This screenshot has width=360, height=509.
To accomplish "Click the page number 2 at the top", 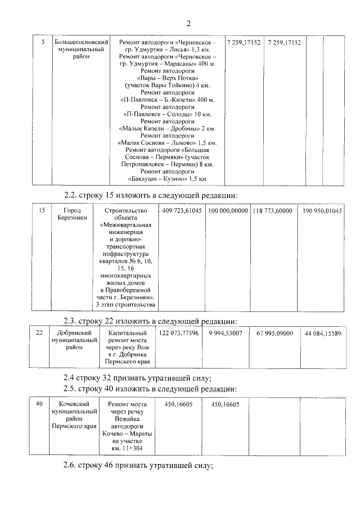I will [188, 23].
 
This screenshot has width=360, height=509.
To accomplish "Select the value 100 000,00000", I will [227, 210].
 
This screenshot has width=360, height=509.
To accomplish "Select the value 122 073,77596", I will [179, 334].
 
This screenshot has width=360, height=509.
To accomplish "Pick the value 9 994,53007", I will [225, 334].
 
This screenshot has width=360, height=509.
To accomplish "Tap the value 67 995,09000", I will [274, 334].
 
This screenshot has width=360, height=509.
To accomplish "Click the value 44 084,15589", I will [323, 334].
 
